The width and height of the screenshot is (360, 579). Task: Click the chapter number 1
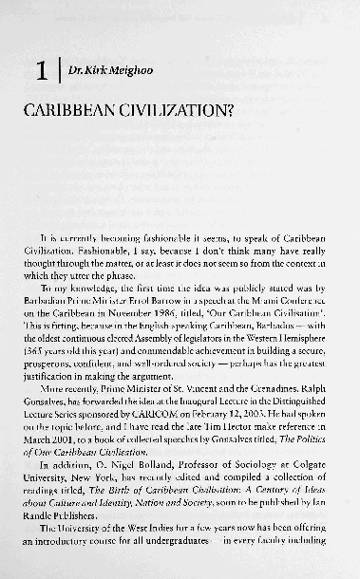(40, 70)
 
